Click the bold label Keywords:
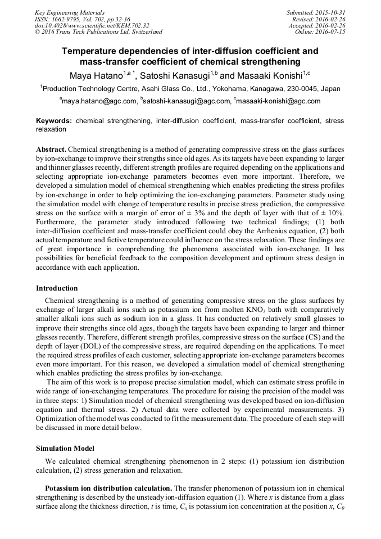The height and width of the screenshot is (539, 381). coord(54,121)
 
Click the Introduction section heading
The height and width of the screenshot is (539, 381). coord(57,288)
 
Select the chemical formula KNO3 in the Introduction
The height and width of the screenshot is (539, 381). coord(238,309)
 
